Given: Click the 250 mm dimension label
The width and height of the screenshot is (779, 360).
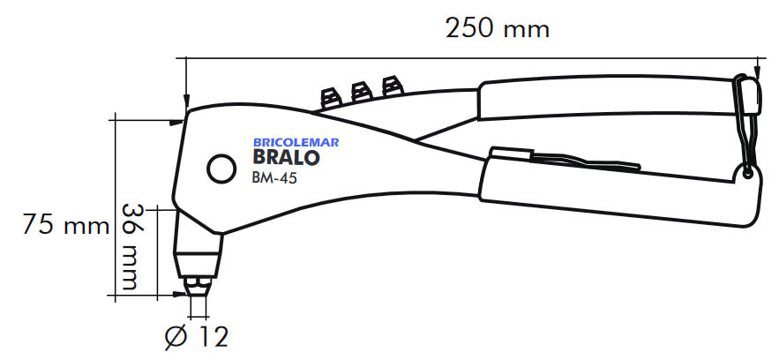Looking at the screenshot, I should click(498, 29).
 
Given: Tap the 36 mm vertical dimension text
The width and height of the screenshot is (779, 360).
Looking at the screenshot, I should click(130, 248).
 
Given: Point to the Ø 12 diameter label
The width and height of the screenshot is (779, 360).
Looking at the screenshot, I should click(197, 336).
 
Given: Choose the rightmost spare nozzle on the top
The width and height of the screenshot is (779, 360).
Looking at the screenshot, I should click(389, 86).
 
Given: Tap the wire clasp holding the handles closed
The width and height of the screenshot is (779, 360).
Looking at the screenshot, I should click(745, 124).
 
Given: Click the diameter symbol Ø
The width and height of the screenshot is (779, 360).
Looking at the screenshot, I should click(175, 336).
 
